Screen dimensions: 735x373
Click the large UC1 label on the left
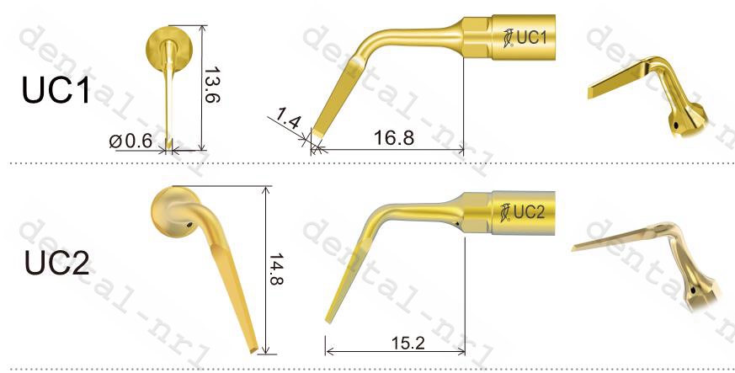click(56, 89)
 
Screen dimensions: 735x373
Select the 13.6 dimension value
click(212, 84)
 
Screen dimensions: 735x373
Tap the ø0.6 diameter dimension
click(130, 141)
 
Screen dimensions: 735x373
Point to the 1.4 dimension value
click(288, 119)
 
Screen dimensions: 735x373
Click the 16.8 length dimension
click(394, 138)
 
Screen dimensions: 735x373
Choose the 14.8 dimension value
click(276, 269)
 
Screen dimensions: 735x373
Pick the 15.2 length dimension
click(407, 344)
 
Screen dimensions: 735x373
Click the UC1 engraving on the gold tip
click(531, 37)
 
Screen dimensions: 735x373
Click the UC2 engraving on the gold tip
click(530, 212)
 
